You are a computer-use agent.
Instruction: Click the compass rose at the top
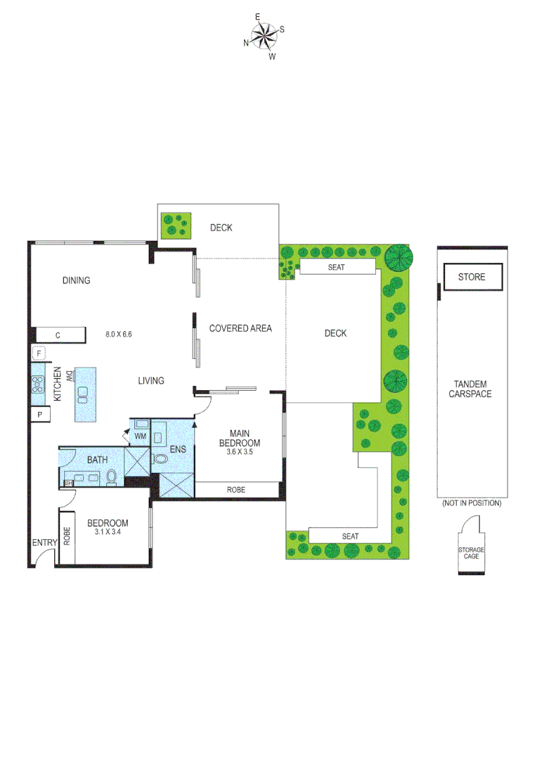[x=264, y=36]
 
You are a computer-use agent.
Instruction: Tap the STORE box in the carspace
[x=472, y=277]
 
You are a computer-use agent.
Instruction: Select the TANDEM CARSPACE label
[x=470, y=389]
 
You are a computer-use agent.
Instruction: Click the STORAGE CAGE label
[x=472, y=553]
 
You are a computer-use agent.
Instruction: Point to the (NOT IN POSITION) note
[x=471, y=503]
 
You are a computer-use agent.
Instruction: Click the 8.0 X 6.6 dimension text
[x=119, y=335]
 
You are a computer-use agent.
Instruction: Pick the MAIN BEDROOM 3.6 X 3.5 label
[x=240, y=443]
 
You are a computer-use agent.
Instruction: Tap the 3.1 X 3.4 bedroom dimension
[x=108, y=532]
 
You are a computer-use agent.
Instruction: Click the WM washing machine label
[x=139, y=436]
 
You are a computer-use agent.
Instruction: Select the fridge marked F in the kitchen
[x=39, y=353]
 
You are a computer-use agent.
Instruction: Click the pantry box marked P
[x=39, y=415]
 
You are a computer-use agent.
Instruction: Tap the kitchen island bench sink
[x=84, y=393]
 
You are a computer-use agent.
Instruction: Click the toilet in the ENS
[x=160, y=459]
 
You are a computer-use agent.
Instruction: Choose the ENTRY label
[x=44, y=543]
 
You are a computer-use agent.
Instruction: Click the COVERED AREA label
[x=240, y=328]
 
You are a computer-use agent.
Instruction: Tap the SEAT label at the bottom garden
[x=350, y=536]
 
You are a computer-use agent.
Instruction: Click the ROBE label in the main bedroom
[x=236, y=490]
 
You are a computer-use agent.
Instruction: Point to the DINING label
[x=77, y=280]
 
